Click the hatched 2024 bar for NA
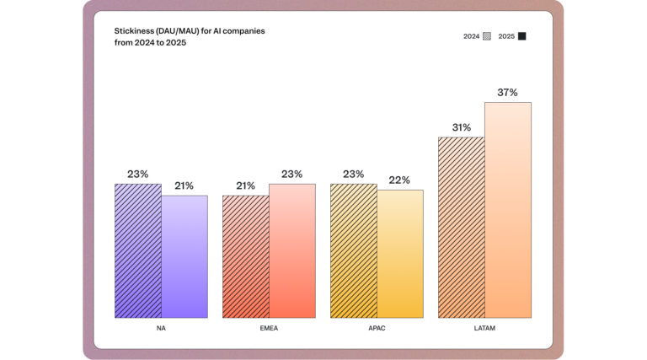pos(138,250)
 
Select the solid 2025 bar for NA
pos(184,256)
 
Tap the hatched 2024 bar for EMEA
pos(246,256)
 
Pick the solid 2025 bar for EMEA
pos(292,250)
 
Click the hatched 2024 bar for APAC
pos(354,250)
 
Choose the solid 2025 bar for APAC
pos(400,254)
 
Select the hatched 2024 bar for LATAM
pos(462,227)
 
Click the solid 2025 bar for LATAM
pos(508,210)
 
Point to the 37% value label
pos(507,93)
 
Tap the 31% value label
pos(461,127)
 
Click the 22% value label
pos(399,180)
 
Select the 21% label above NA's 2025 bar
pos(184,185)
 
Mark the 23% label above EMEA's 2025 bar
pos(291,175)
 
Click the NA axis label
pos(161,328)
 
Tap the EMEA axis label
pos(269,328)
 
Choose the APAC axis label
pos(377,328)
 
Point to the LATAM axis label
pos(484,328)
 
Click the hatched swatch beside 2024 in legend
pos(487,36)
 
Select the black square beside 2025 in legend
pos(522,36)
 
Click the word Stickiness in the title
pos(134,30)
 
